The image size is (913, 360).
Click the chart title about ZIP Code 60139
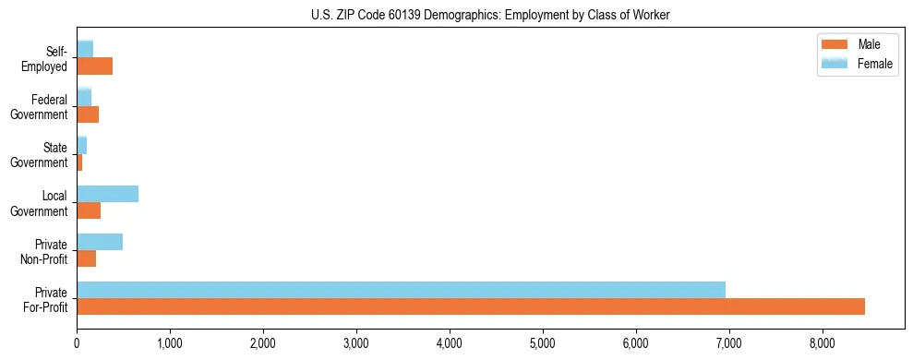coord(456,15)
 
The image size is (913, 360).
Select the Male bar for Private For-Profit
coord(471,306)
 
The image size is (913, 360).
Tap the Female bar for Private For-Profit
coord(401,290)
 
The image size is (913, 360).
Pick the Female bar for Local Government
coord(107,194)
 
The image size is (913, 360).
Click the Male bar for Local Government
coord(89,210)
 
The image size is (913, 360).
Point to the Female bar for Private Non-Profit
coord(100,242)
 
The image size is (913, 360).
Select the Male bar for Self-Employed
coord(94,66)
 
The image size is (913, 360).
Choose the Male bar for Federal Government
coord(88,114)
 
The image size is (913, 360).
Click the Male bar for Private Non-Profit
coord(86,258)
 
